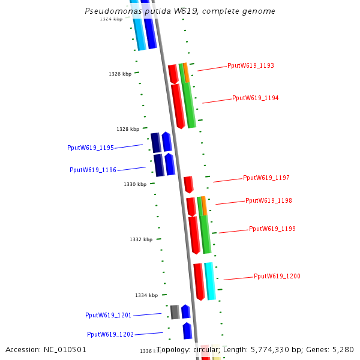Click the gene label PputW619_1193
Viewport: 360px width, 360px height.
(251, 65)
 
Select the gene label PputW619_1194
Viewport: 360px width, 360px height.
(256, 98)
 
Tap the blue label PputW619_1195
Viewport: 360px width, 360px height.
(91, 148)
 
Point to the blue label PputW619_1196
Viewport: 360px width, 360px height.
(93, 170)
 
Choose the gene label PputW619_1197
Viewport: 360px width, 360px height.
(266, 178)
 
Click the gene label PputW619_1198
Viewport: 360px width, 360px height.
(269, 200)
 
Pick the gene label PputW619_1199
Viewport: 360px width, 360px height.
(272, 229)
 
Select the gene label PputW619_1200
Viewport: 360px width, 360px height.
(277, 276)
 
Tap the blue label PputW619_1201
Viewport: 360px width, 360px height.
(109, 315)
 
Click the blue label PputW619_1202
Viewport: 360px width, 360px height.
(110, 334)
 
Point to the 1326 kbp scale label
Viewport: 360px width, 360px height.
(120, 74)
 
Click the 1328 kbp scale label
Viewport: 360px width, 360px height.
(128, 129)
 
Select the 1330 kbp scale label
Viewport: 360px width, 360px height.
(135, 184)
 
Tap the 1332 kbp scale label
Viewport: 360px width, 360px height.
(141, 239)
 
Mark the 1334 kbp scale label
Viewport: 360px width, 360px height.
(146, 295)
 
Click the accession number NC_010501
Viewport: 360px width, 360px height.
(65, 349)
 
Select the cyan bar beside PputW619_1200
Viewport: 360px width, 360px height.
(210, 281)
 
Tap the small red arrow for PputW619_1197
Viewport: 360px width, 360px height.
(188, 184)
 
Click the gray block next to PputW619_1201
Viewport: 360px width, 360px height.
(175, 312)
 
